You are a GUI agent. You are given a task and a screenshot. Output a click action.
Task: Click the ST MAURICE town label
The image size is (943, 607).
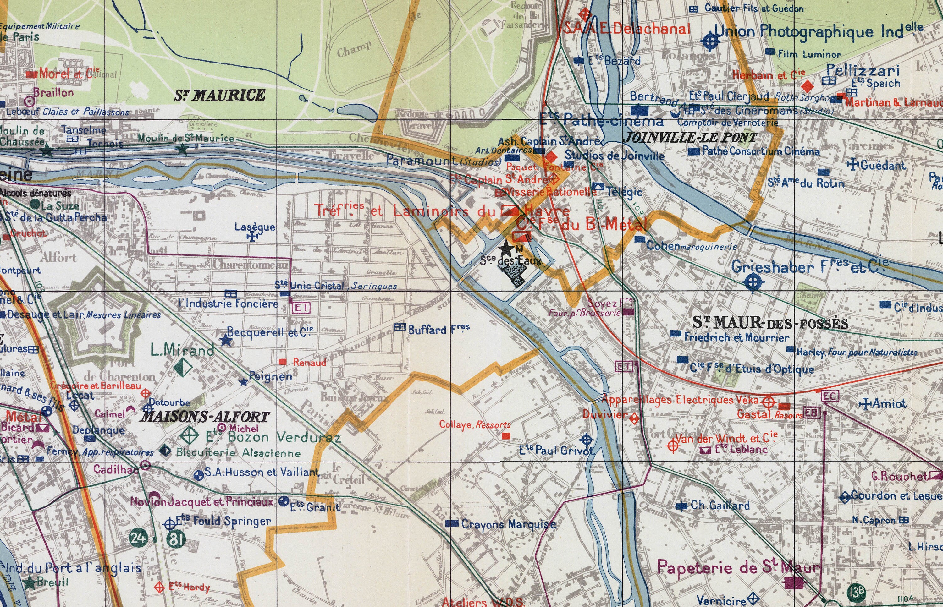[220, 96]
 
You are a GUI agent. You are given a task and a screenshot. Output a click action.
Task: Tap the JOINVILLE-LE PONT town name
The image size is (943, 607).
[690, 138]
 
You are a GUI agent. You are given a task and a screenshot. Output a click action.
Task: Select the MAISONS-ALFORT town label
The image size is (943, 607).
[205, 417]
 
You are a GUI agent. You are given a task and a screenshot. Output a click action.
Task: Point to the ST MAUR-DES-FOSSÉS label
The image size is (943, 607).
[770, 323]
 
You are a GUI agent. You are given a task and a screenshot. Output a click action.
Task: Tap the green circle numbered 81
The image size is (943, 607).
[176, 539]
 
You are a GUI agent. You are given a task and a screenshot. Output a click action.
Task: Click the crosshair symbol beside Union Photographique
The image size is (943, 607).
[710, 41]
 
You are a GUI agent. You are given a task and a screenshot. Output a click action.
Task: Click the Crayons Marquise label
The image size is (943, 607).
[509, 524]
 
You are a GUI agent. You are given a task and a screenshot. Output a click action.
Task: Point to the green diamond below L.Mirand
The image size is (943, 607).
[183, 367]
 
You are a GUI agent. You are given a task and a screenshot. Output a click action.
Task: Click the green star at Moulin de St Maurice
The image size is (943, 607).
[182, 149]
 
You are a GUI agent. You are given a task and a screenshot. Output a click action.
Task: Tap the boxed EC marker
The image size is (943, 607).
[830, 396]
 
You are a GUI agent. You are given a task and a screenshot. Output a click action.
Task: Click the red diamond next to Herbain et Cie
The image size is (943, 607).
[808, 85]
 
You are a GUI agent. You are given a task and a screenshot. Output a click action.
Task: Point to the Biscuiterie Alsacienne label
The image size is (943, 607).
[238, 452]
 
